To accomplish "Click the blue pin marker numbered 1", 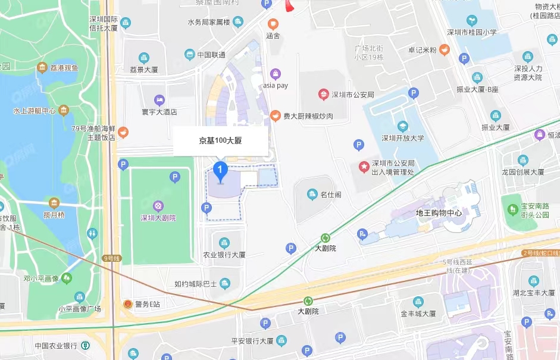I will coord(221,171).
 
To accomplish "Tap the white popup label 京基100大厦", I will coord(220,142).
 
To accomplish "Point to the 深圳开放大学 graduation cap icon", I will coord(403,126).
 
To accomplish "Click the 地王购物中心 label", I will coord(439,212).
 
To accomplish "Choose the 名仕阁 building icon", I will coord(311,194).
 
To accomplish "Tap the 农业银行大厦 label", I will coord(224,254).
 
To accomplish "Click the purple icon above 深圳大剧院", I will coord(158,206).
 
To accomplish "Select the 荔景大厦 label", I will coord(143,69).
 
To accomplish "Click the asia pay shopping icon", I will coord(275,74).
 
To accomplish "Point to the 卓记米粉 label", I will coord(422,49).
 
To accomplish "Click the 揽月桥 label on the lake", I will coord(54,214).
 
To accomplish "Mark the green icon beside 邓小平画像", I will coord(66,278).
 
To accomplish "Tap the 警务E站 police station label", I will coord(147,304).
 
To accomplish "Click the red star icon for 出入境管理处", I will coord(363,167).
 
